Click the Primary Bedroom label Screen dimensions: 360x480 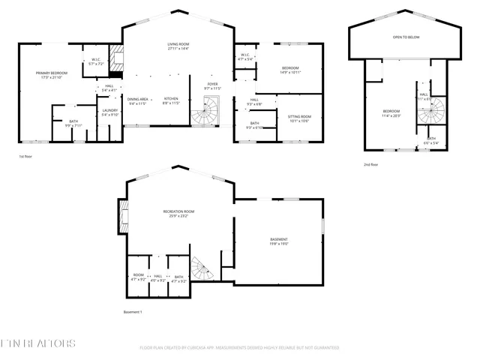[50, 75]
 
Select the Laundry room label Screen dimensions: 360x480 [109, 112]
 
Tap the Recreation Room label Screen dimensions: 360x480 [178, 214]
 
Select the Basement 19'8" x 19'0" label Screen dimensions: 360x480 [279, 241]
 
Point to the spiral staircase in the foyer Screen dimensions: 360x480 [204, 115]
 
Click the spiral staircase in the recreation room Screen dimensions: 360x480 [200, 267]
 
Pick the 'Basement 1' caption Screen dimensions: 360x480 [132, 312]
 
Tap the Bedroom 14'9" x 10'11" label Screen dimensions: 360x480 [289, 70]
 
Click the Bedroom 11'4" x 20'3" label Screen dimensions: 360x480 [388, 113]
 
